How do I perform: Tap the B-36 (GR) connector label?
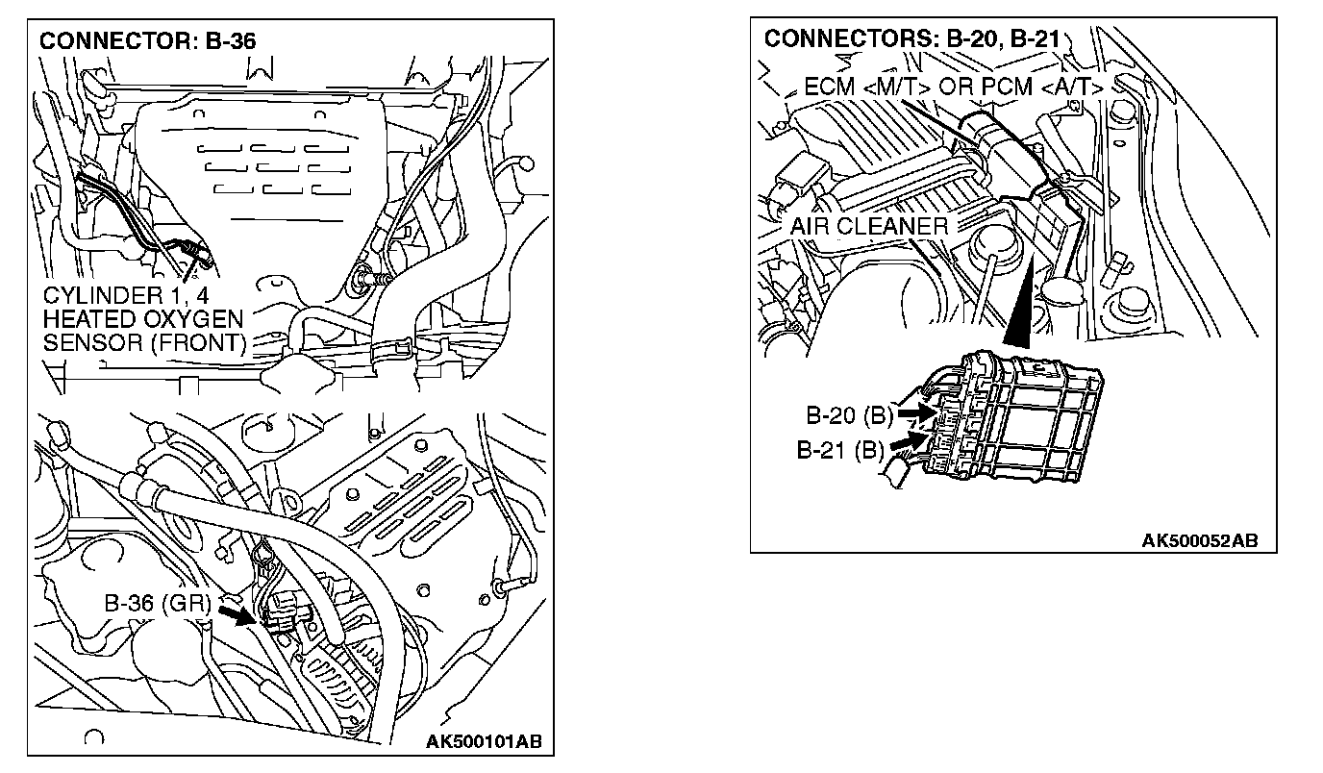click(x=157, y=604)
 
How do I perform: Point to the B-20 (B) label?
click(x=849, y=416)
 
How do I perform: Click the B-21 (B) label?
click(x=839, y=449)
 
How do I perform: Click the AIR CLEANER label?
click(x=869, y=227)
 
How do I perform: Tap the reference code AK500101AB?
click(x=483, y=741)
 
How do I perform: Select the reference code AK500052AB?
click(x=1199, y=541)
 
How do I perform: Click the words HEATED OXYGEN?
click(x=143, y=317)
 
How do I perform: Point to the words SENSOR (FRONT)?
click(x=143, y=341)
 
